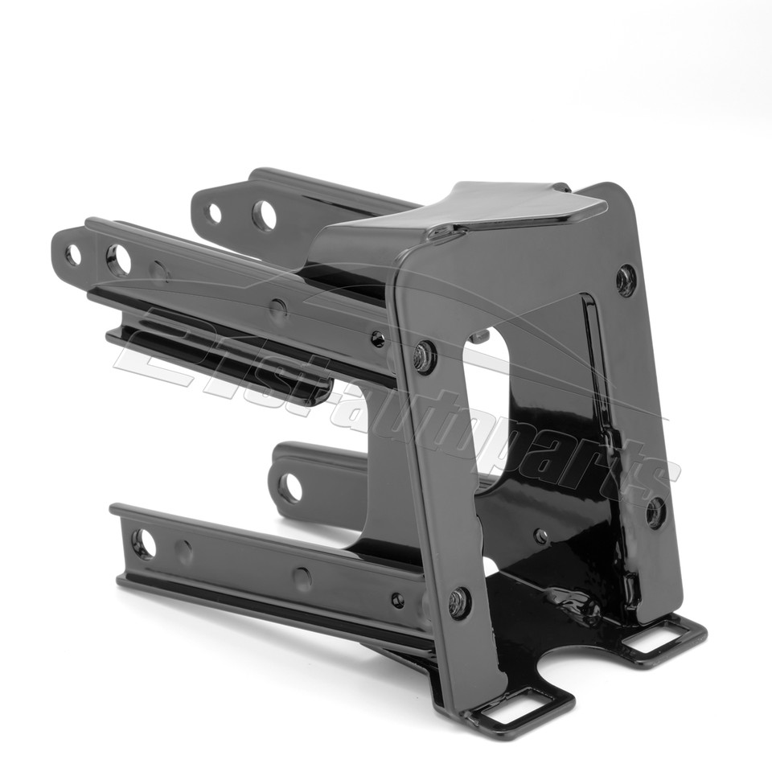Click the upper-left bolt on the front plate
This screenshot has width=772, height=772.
tap(425, 356)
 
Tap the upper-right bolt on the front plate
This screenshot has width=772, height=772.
tap(626, 280)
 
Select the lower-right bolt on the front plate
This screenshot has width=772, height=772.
tap(655, 512)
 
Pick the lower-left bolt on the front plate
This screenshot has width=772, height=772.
tap(459, 602)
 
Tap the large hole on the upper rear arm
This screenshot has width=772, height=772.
tap(264, 215)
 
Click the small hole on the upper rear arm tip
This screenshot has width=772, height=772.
tap(214, 213)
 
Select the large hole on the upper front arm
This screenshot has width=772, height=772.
tap(118, 260)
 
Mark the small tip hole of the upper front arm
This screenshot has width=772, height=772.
tap(73, 255)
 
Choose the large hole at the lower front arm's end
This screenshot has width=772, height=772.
tap(143, 544)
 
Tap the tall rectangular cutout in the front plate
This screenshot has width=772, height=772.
tap(487, 402)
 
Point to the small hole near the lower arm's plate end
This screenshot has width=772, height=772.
tap(397, 600)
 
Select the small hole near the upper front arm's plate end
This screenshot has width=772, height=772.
tap(377, 339)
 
